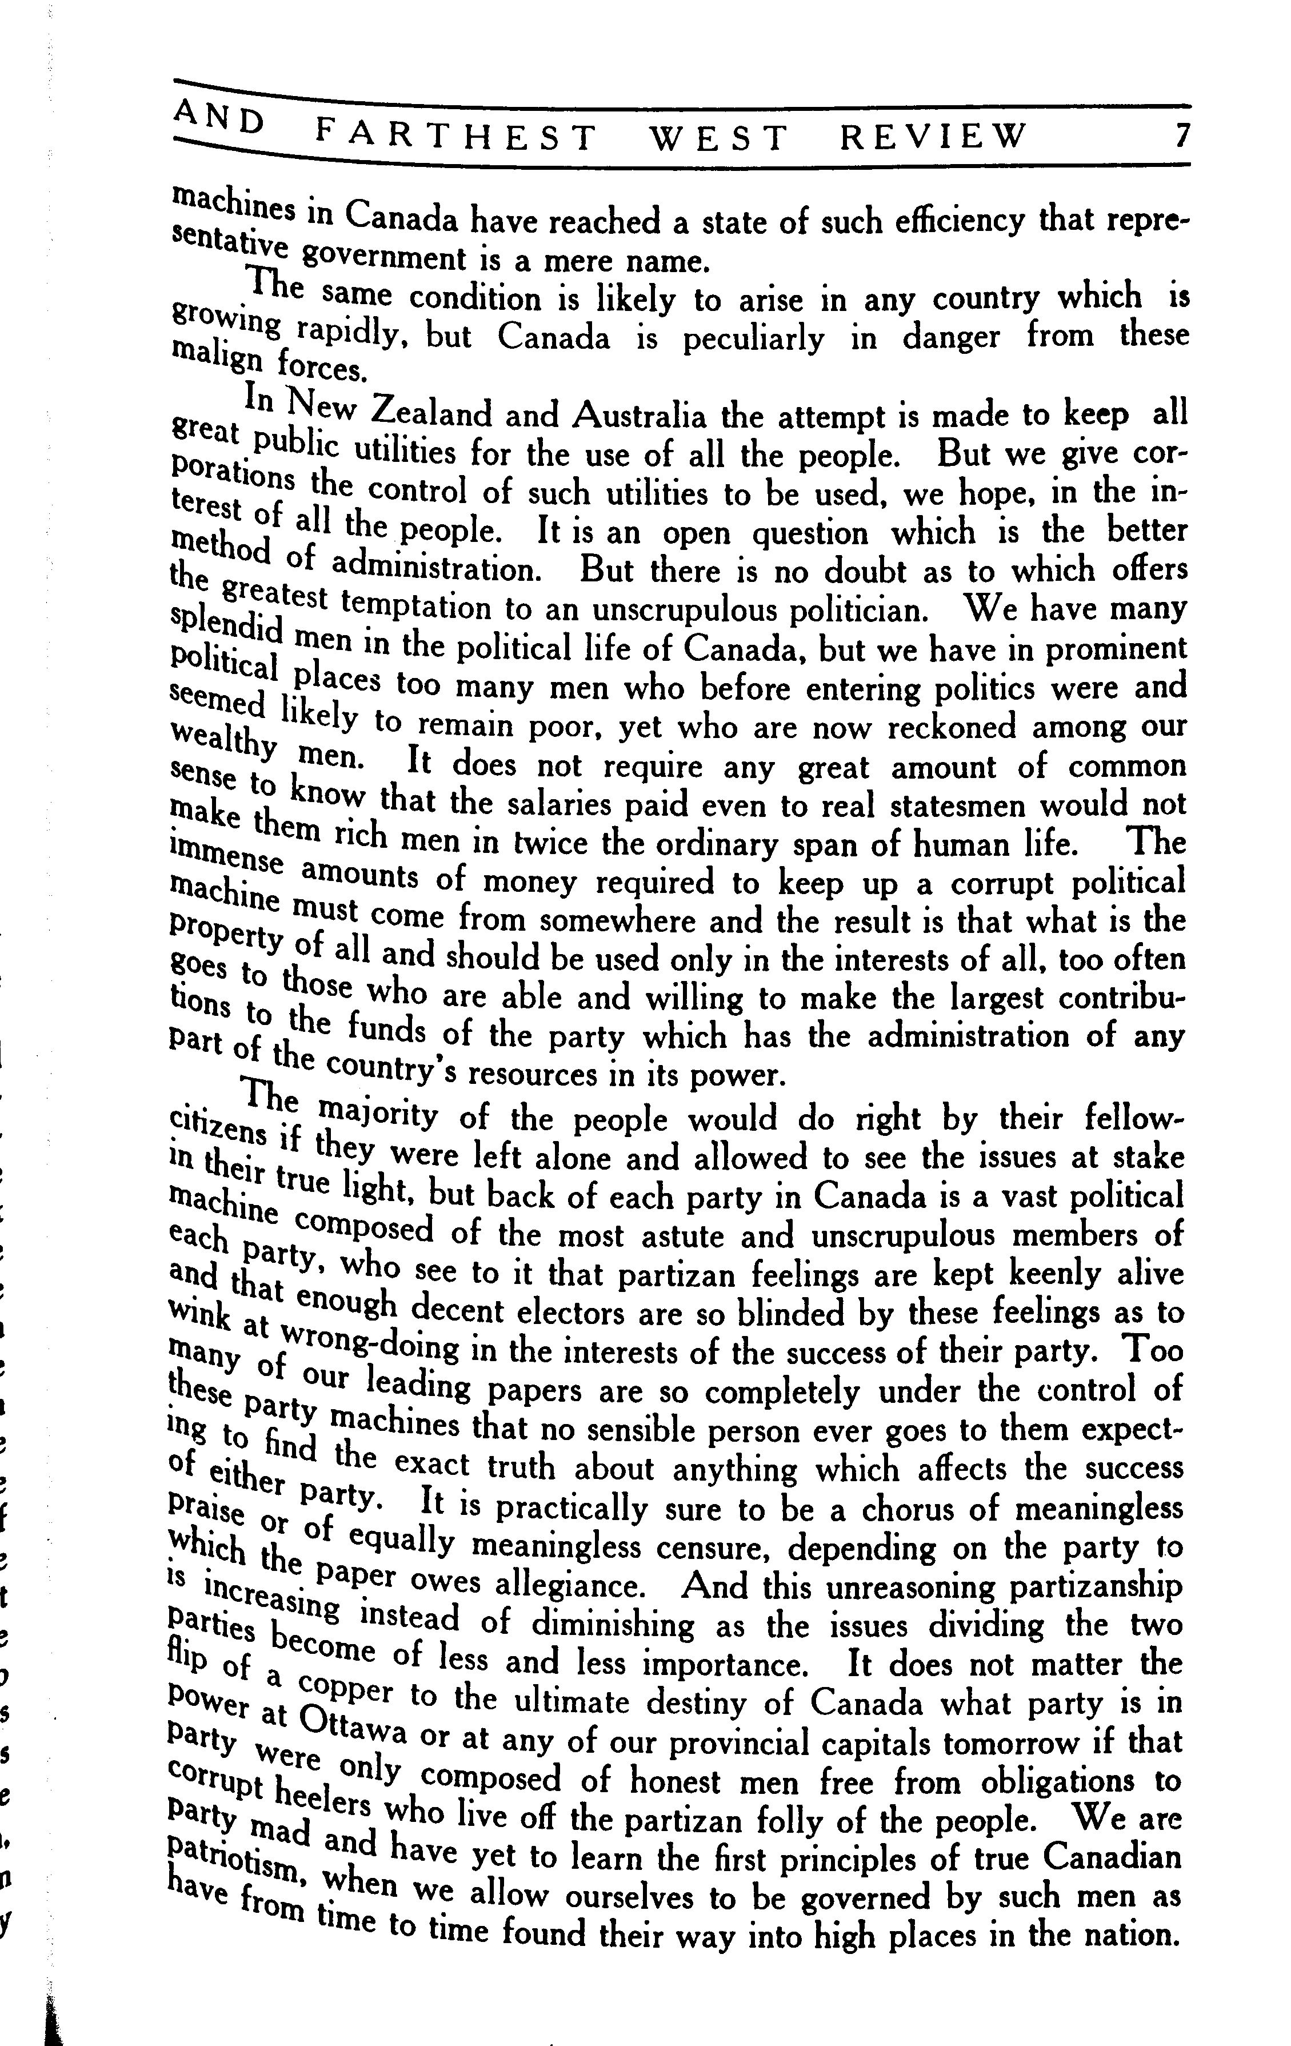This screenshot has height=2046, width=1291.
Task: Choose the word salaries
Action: (x=546, y=803)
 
